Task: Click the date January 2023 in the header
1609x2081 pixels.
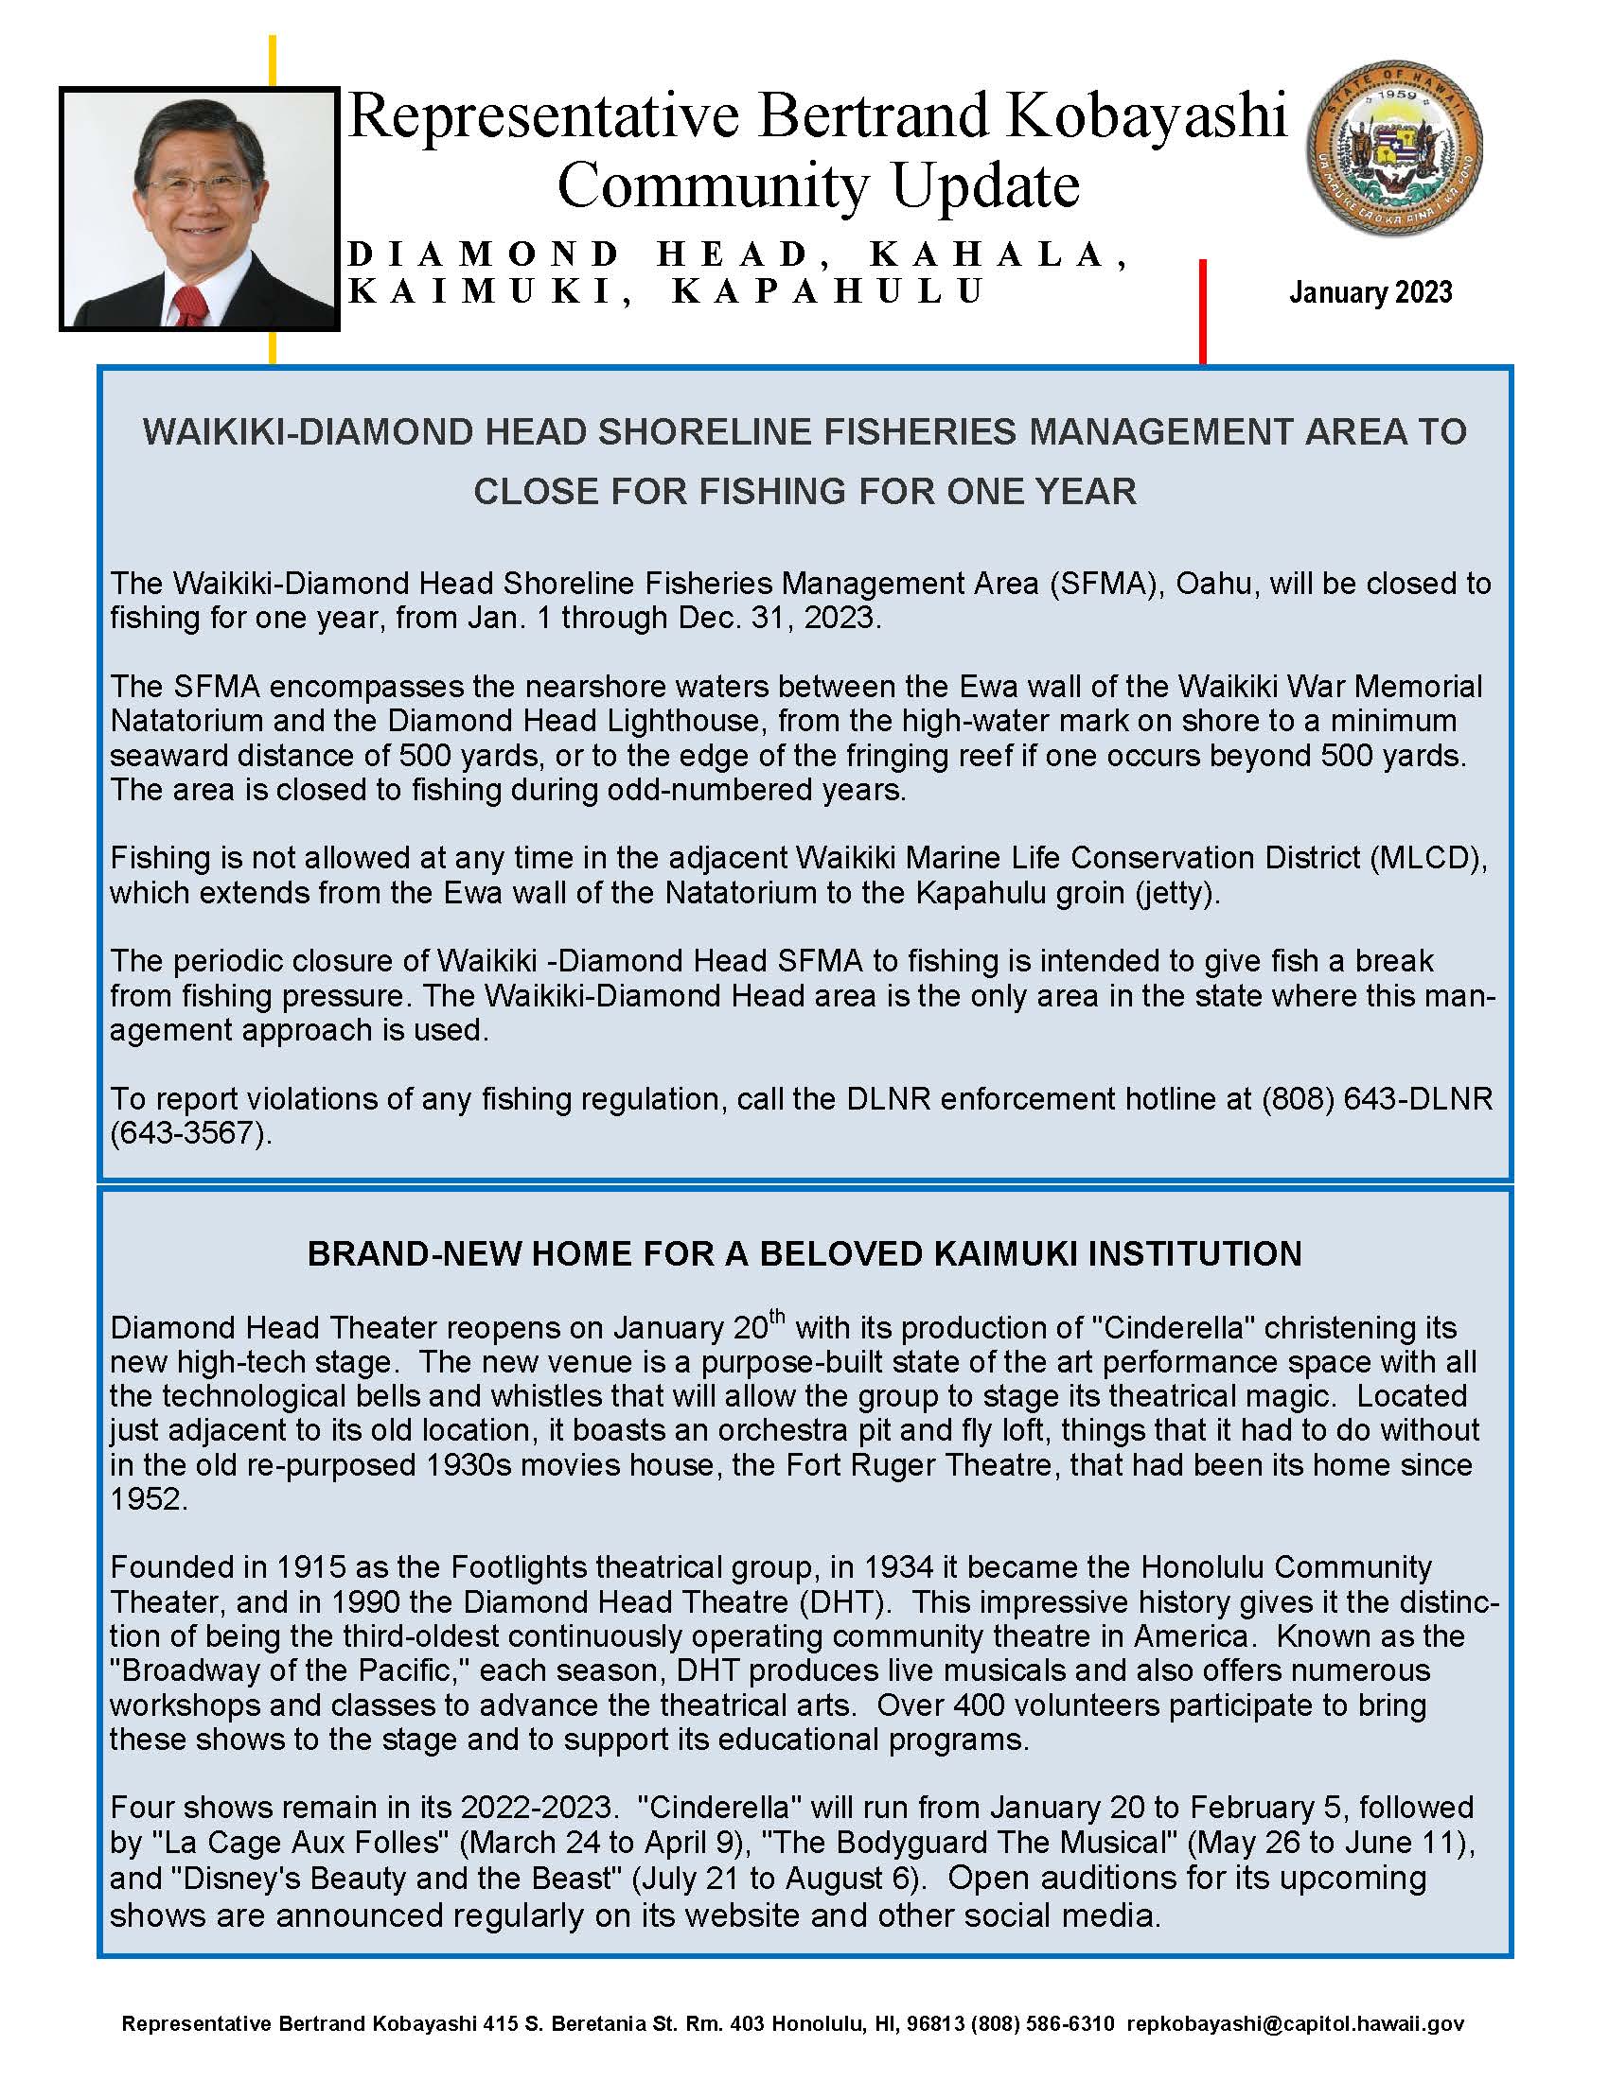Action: tap(1370, 292)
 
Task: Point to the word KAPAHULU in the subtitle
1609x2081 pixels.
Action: tap(828, 291)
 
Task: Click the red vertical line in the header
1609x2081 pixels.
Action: tap(1202, 310)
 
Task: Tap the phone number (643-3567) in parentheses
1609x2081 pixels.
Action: tap(190, 1133)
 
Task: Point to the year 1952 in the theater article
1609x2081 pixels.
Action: tap(148, 1499)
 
